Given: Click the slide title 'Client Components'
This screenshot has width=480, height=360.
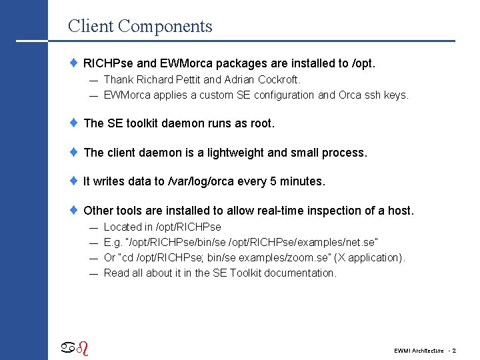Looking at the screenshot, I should [140, 27].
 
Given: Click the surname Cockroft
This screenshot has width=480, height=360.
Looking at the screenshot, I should [278, 80].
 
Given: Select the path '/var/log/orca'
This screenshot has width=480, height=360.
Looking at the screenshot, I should [203, 181].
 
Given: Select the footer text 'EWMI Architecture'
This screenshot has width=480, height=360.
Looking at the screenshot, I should [418, 351].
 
